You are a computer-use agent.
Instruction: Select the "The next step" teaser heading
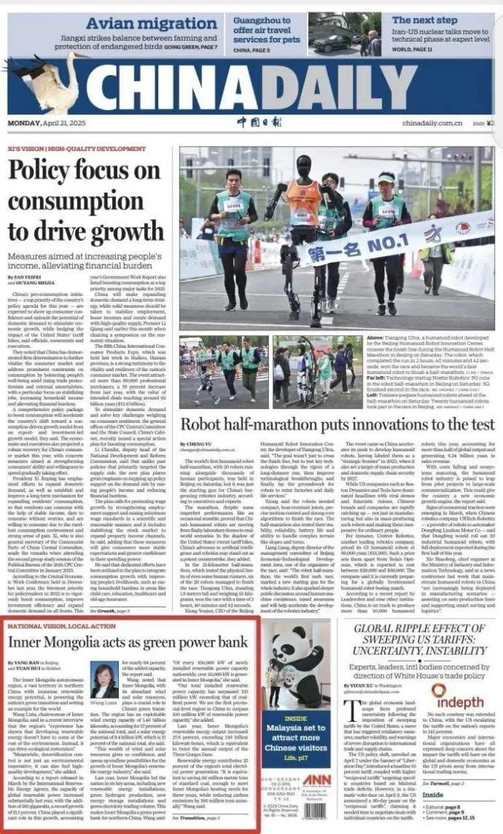424,20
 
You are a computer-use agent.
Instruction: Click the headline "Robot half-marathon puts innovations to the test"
337,424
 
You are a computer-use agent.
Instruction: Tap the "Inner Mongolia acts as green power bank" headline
127,641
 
